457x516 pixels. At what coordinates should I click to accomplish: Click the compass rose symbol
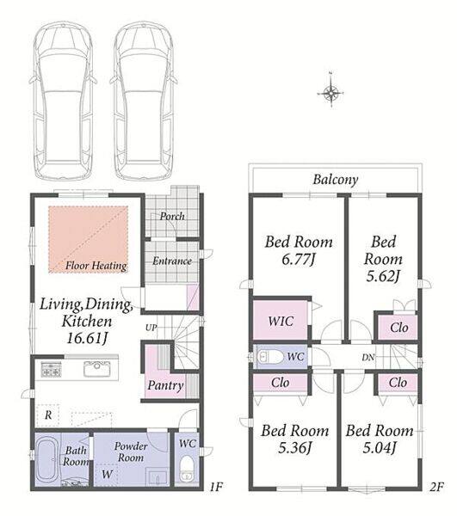[330, 93]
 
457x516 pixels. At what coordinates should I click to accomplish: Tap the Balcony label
[336, 180]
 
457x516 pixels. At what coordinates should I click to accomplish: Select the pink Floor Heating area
[89, 239]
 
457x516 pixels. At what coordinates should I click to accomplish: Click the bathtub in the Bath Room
[48, 458]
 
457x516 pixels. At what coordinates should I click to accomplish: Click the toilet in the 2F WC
[270, 357]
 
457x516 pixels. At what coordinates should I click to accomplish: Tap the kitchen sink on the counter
[96, 369]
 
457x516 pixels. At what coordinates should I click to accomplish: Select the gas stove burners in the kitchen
[51, 369]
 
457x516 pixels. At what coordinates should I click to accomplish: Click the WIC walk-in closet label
[281, 321]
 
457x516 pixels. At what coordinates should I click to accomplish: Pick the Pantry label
[165, 385]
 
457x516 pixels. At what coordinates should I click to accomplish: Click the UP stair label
[151, 328]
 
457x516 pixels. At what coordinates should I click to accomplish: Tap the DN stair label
[368, 357]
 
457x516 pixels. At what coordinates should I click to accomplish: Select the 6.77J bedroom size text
[299, 260]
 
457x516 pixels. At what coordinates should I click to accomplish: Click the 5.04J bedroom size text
[379, 447]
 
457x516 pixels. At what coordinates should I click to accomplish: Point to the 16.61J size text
[87, 338]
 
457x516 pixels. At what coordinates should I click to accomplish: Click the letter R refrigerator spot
[48, 415]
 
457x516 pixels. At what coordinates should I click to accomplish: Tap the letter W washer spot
[107, 474]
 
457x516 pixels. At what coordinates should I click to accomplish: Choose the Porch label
[172, 216]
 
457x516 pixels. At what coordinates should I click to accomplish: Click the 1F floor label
[216, 487]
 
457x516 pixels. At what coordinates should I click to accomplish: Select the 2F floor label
[436, 487]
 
